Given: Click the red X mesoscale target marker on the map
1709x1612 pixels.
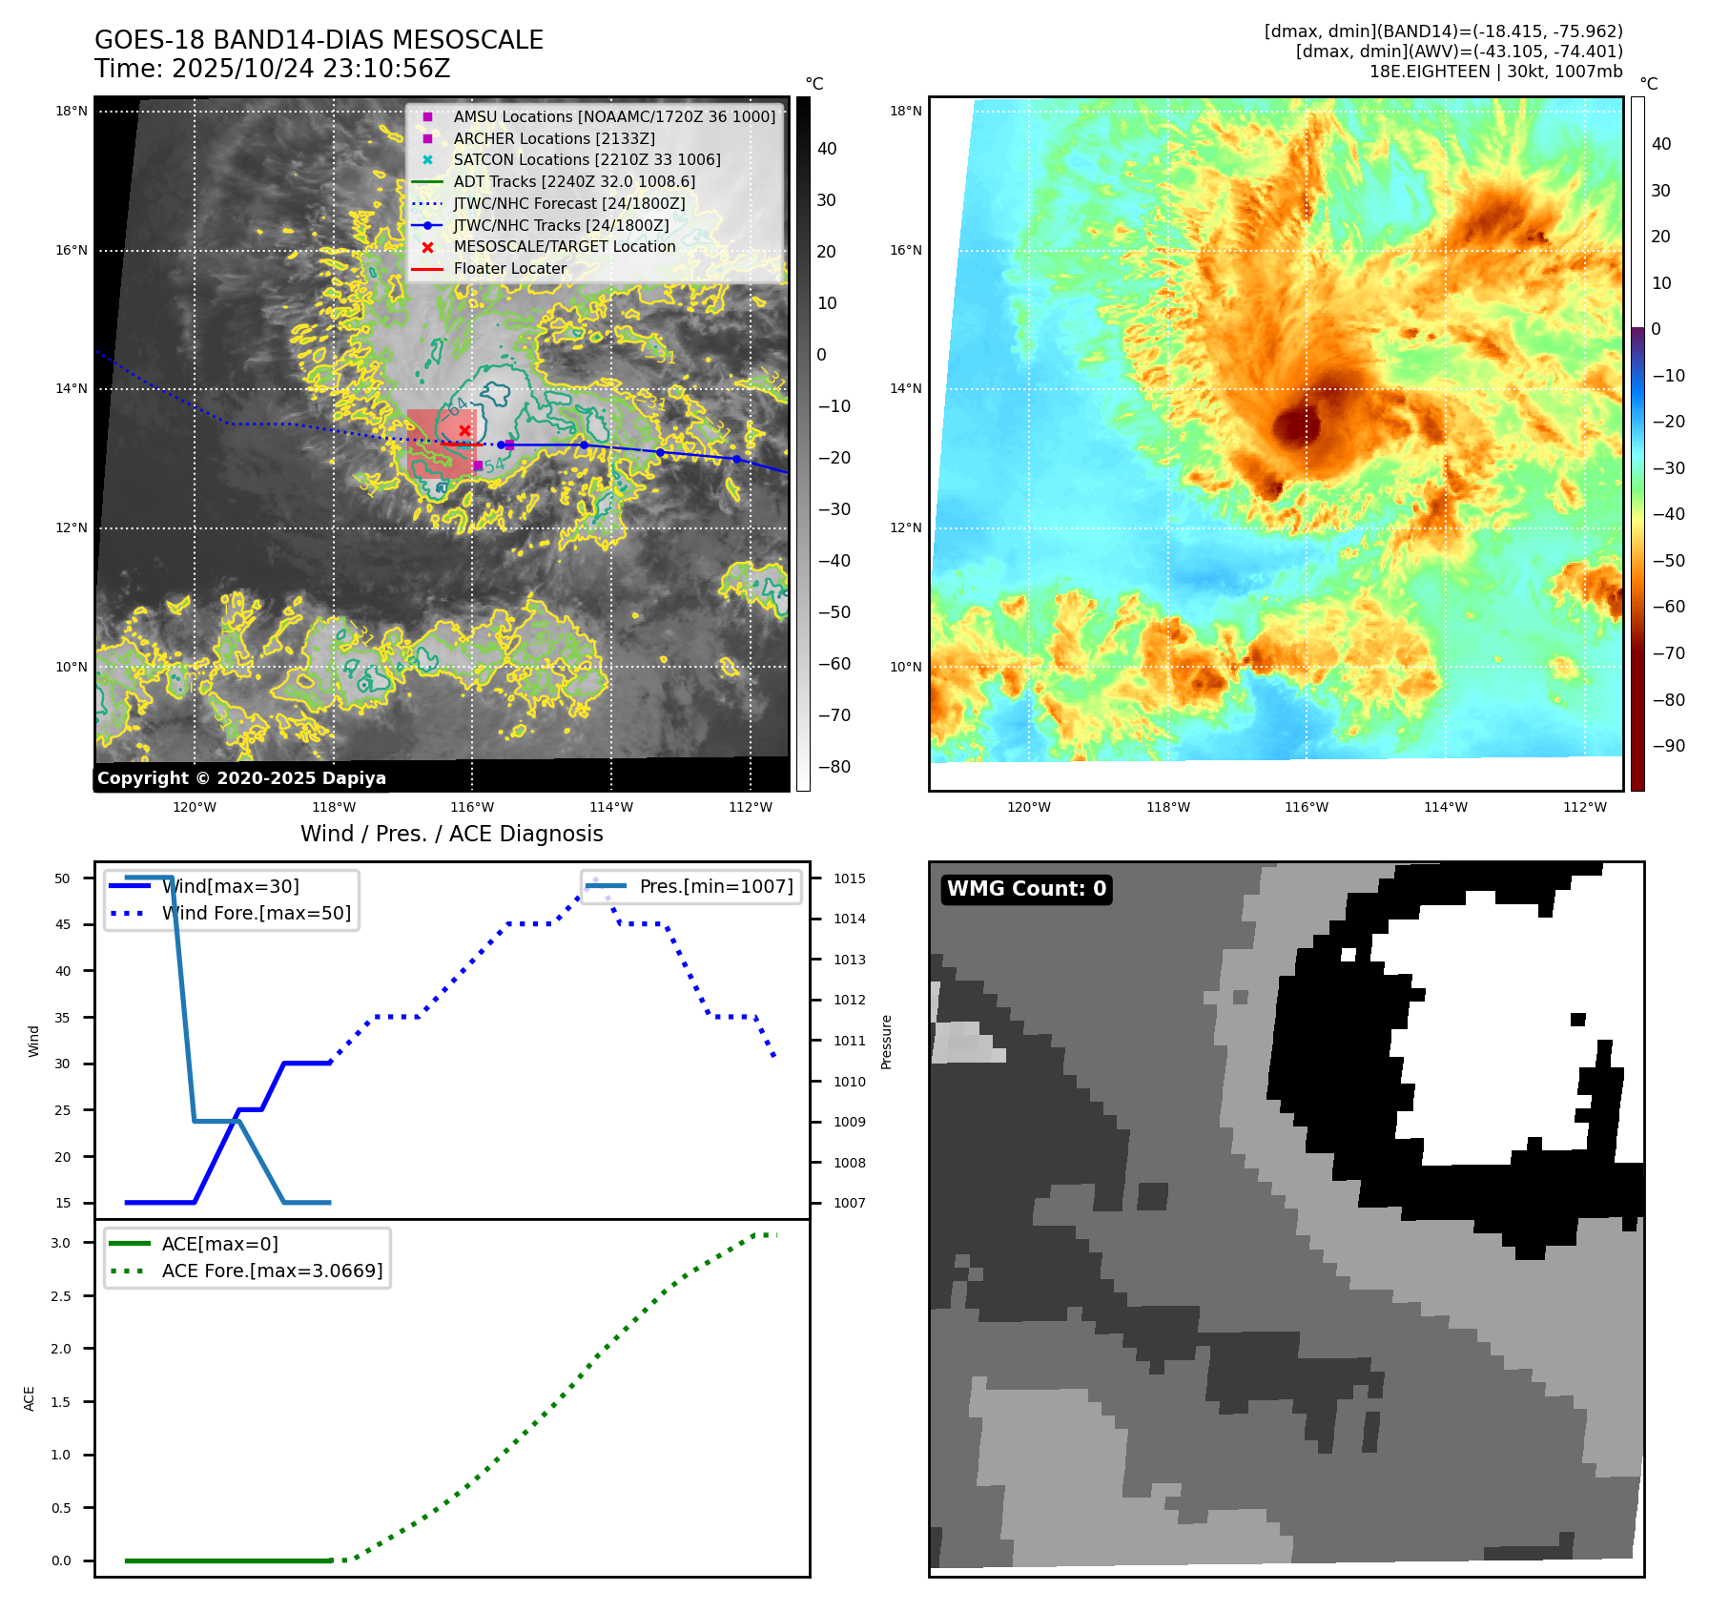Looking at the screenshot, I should [464, 431].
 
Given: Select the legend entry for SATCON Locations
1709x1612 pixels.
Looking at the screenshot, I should [586, 160].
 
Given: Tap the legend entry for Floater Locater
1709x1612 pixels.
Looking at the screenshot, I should [509, 269].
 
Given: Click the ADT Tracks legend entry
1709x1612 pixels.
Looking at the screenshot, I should [573, 182].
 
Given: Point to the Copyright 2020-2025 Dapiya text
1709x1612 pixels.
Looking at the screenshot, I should [241, 778].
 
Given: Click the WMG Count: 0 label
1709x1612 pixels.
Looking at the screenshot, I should [1026, 889].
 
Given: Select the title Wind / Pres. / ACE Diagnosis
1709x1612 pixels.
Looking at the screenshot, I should [451, 834].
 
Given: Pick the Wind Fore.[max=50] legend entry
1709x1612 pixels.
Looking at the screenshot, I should [256, 914].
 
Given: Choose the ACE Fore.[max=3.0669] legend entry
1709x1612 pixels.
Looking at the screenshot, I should [272, 1271].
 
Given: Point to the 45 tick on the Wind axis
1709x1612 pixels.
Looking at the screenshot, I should [63, 924].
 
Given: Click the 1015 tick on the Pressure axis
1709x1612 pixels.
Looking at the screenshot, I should [849, 878].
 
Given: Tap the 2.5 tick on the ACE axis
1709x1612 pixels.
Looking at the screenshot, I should [61, 1296].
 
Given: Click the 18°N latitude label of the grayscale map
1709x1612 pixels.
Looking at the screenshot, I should [72, 112].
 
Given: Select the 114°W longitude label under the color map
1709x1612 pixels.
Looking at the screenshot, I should [1445, 808].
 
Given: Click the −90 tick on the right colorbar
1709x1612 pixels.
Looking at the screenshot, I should [1668, 746].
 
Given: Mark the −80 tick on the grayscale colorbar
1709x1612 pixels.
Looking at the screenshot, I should [834, 767].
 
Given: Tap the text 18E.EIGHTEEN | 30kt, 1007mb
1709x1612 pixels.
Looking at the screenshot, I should [1495, 72].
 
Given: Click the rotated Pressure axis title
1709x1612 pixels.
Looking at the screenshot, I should [886, 1042].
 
